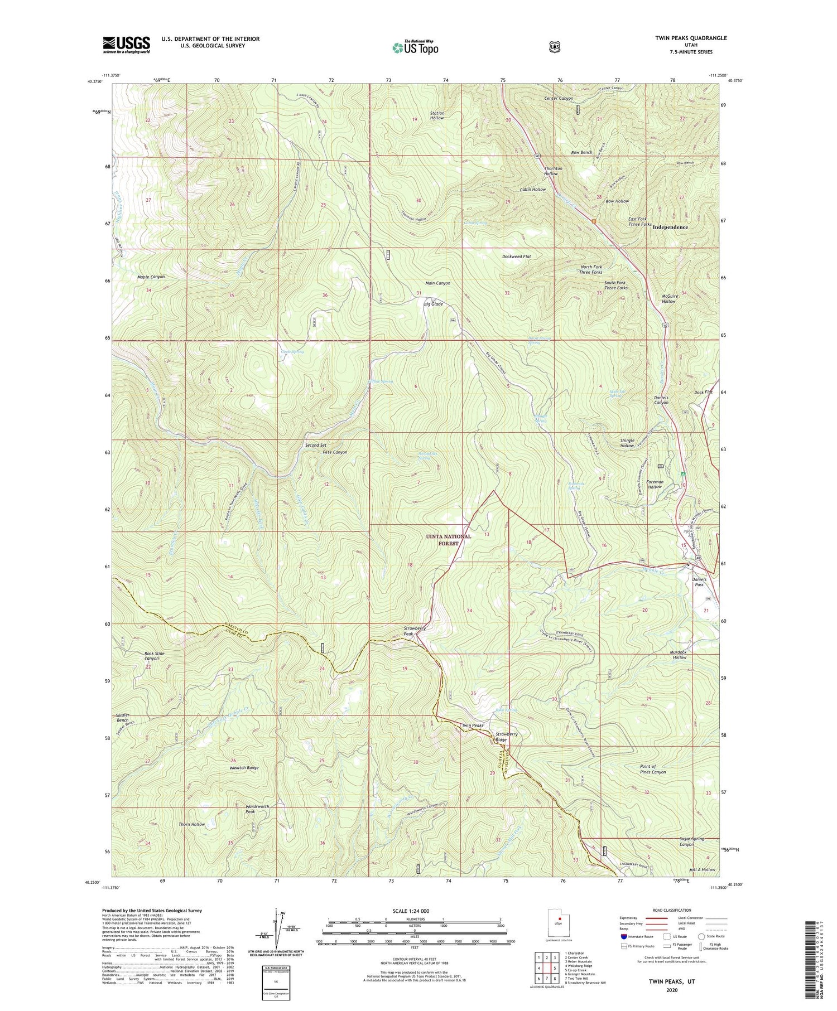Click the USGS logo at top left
126,45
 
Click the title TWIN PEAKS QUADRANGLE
691,38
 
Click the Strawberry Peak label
415,631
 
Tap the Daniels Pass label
699,582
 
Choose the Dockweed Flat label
516,257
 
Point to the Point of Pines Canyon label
652,770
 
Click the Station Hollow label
437,115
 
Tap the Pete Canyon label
335,452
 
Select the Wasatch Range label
244,768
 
